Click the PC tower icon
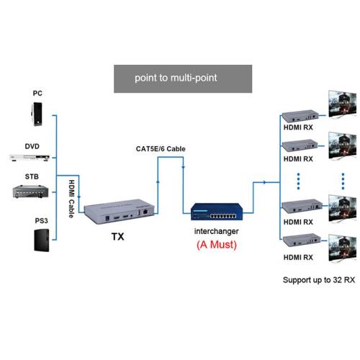point(37,113)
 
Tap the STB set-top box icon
point(32,191)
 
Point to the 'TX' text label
point(117,235)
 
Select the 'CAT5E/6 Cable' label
point(161,149)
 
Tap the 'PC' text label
point(37,94)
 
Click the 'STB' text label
point(32,176)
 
